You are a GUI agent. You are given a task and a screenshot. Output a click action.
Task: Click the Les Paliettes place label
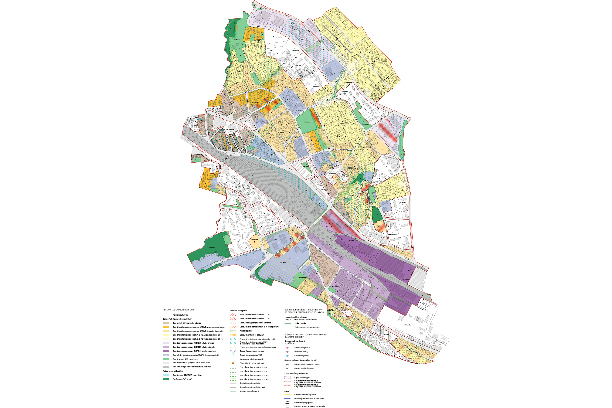click(x=278, y=37)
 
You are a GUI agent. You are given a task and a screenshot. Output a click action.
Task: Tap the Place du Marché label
click(x=229, y=130)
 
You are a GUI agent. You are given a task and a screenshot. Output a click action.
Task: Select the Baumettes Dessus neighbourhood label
click(x=333, y=31)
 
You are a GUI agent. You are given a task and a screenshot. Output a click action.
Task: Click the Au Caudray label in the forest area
click(x=212, y=247)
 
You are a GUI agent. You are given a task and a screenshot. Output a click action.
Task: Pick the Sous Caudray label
click(x=255, y=239)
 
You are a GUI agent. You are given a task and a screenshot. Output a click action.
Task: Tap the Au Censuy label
click(x=283, y=263)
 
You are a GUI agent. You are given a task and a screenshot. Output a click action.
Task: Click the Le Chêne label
click(x=320, y=256)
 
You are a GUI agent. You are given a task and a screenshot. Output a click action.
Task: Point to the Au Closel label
click(x=351, y=240)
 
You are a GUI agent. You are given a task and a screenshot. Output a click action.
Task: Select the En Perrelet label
click(x=406, y=279)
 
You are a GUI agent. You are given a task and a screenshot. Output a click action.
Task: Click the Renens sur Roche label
click(x=393, y=234)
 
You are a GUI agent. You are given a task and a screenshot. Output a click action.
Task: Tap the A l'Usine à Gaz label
click(x=407, y=325)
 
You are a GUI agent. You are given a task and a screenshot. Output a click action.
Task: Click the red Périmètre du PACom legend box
click(x=166, y=315)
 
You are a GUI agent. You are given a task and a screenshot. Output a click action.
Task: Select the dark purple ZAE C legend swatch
click(x=166, y=351)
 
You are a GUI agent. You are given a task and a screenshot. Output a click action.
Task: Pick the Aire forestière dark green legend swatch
click(x=166, y=379)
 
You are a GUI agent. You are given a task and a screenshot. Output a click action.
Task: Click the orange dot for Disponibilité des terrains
click(x=233, y=363)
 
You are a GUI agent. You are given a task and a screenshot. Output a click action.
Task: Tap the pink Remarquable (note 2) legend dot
click(x=287, y=348)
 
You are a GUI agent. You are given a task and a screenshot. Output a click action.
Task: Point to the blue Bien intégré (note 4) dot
click(x=287, y=356)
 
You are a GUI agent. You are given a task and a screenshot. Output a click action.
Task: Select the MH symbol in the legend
click(x=287, y=364)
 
